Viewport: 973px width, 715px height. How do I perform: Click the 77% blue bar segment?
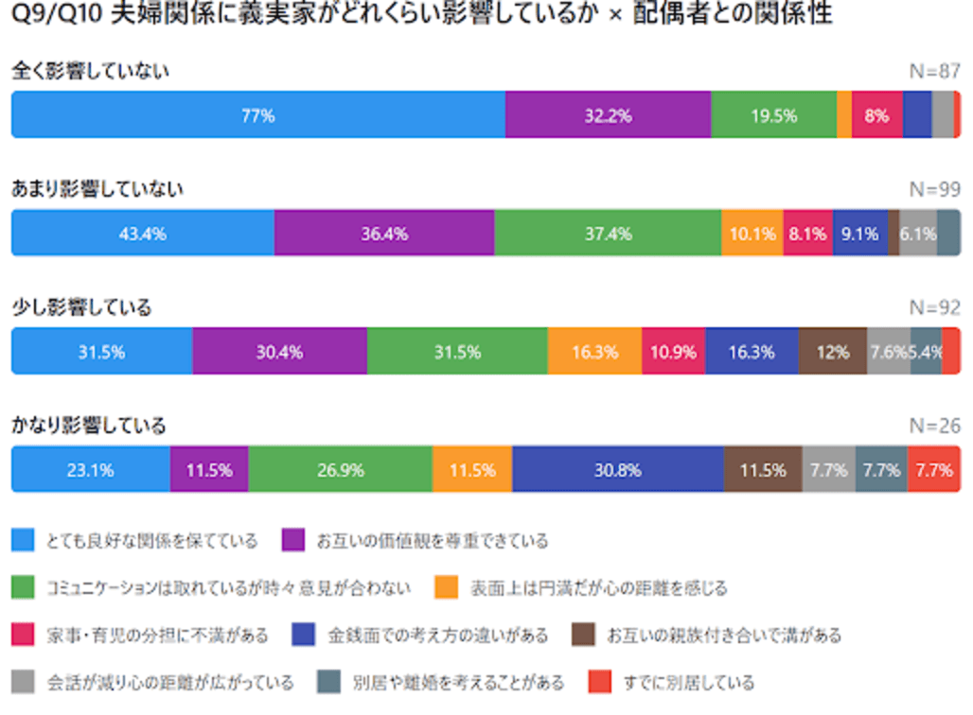click(257, 115)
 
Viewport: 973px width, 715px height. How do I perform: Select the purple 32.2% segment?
click(608, 115)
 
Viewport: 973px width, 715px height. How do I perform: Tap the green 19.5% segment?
click(773, 115)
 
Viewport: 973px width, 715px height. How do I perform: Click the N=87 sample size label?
click(934, 72)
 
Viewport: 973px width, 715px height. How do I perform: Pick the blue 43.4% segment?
click(142, 234)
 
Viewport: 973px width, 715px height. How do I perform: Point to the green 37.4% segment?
click(608, 234)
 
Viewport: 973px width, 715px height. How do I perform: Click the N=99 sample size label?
click(934, 189)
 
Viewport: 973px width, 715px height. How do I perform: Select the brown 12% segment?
click(832, 352)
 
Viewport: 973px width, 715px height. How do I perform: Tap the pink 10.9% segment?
click(673, 352)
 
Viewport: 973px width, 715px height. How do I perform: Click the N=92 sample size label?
click(934, 307)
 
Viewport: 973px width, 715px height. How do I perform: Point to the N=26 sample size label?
click(934, 426)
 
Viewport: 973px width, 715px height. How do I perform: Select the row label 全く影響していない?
click(90, 71)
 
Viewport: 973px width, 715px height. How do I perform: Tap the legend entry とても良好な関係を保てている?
click(151, 541)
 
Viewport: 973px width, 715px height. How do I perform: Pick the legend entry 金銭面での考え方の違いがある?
click(437, 635)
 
